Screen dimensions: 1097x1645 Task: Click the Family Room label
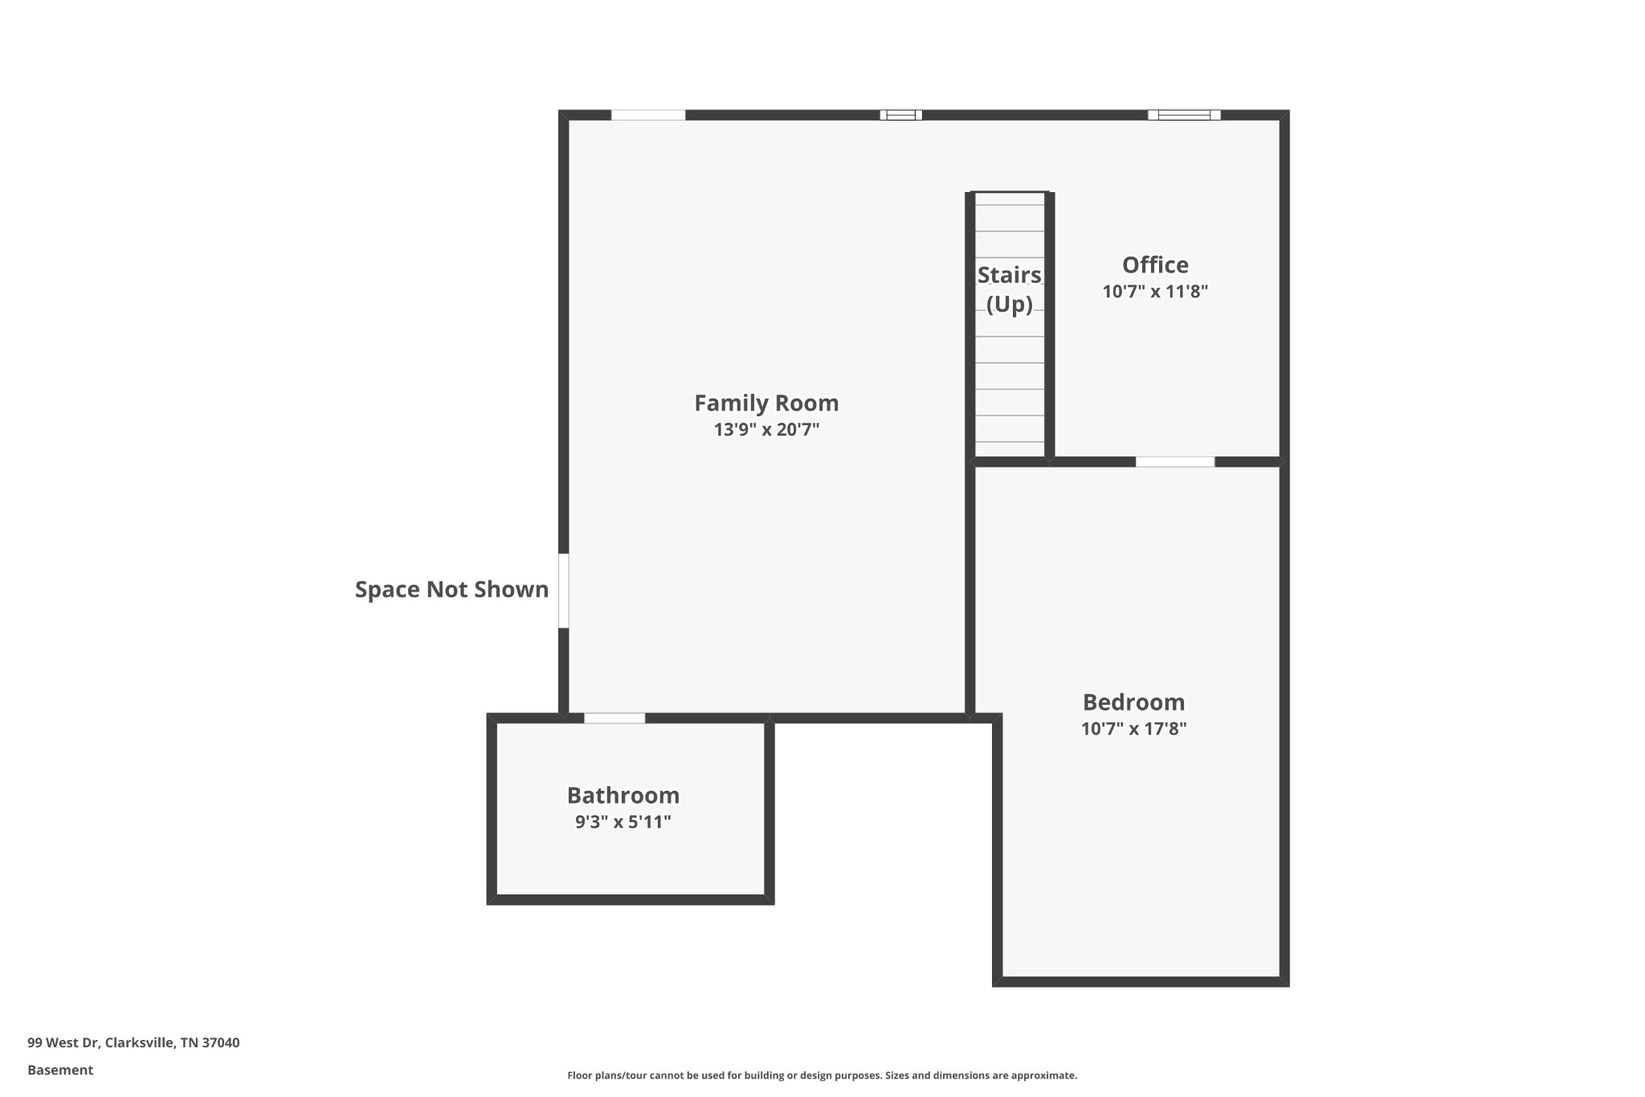point(766,403)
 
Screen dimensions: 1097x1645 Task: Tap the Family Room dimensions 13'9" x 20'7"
point(766,430)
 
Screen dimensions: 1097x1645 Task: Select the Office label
point(1155,265)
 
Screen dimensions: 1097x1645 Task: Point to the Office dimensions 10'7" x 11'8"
point(1155,292)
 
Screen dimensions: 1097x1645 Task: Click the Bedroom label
point(1133,702)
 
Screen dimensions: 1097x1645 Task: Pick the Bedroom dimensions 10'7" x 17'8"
point(1133,729)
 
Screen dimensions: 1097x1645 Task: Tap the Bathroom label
point(623,796)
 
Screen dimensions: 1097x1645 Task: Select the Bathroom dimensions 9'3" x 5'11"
point(623,822)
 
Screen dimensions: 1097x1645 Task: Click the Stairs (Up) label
point(1009,289)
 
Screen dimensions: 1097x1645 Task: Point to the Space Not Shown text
point(451,590)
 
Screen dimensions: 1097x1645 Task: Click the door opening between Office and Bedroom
point(1174,462)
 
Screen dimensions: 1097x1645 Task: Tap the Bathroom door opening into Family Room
point(614,718)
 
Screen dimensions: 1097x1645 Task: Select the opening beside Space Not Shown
point(564,591)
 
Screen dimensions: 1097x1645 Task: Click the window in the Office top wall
point(1184,115)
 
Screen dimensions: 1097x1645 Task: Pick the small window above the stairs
point(900,115)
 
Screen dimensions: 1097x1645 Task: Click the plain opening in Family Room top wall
point(648,115)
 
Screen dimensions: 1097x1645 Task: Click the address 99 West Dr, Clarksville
point(133,1043)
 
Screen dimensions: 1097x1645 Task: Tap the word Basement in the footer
point(60,1070)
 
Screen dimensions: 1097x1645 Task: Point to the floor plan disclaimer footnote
point(822,1075)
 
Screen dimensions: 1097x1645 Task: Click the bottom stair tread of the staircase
point(1010,449)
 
